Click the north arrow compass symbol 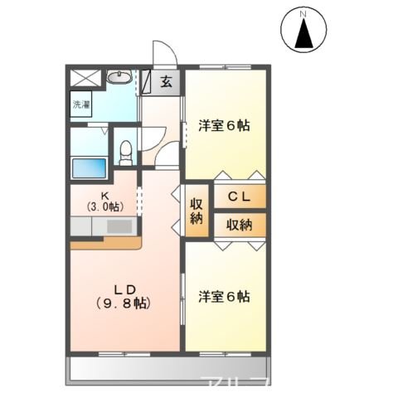[x=303, y=33]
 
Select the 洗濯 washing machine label [x=81, y=105]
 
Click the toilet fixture [x=126, y=151]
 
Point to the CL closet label [x=240, y=197]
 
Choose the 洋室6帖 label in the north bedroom [x=224, y=126]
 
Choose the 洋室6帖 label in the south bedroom [x=224, y=296]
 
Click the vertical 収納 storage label [x=197, y=211]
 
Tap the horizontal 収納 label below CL [x=240, y=224]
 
